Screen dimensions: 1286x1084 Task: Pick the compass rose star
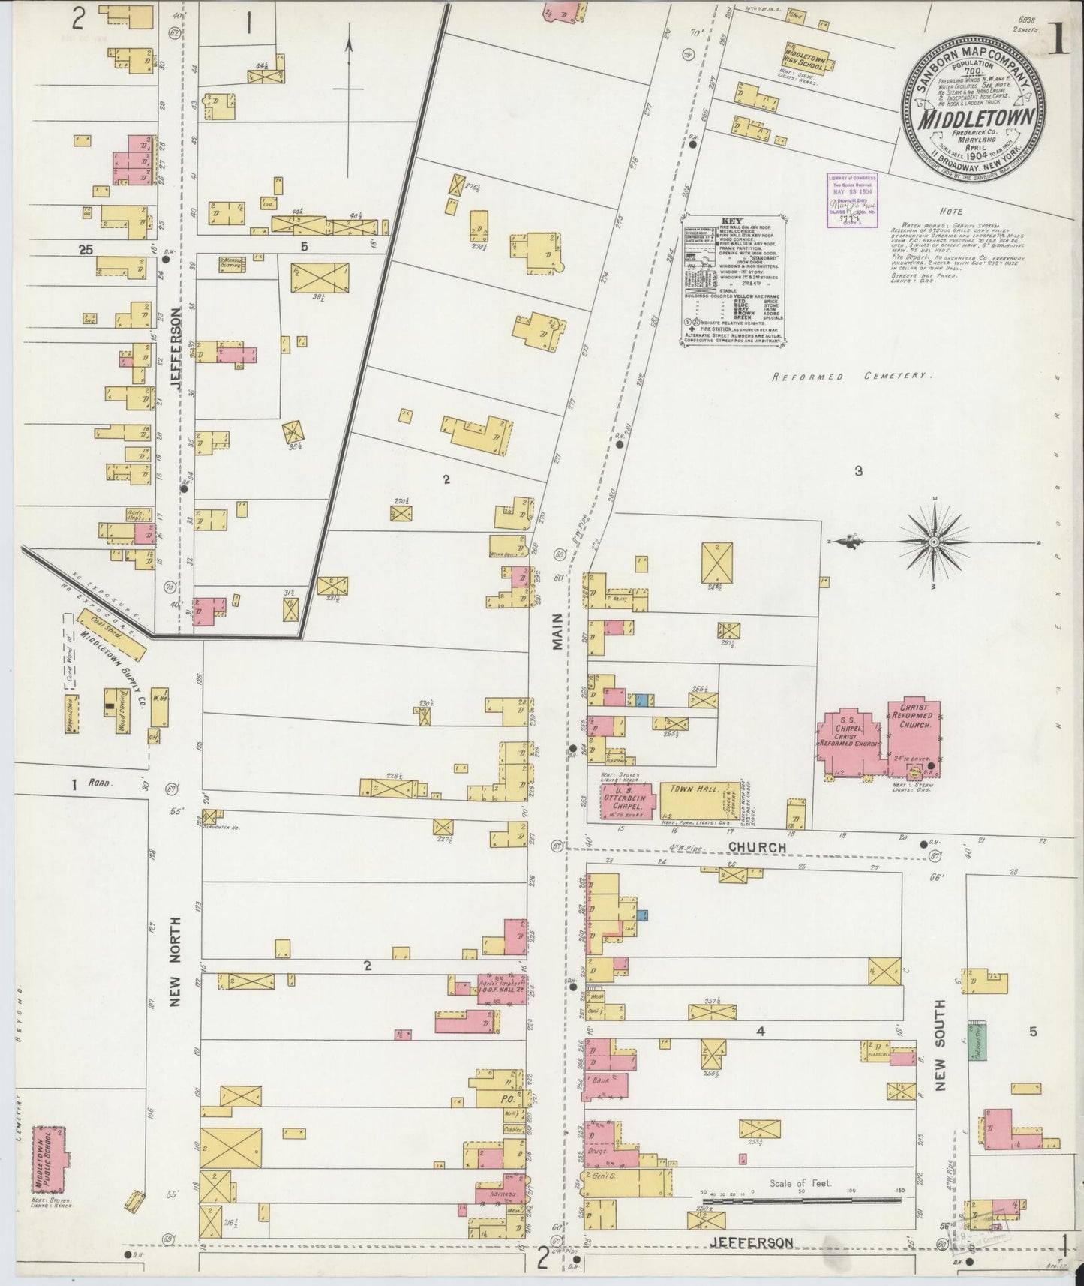click(x=934, y=542)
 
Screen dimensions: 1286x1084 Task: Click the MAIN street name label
click(x=559, y=635)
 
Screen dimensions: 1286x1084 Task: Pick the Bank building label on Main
click(x=600, y=1082)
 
